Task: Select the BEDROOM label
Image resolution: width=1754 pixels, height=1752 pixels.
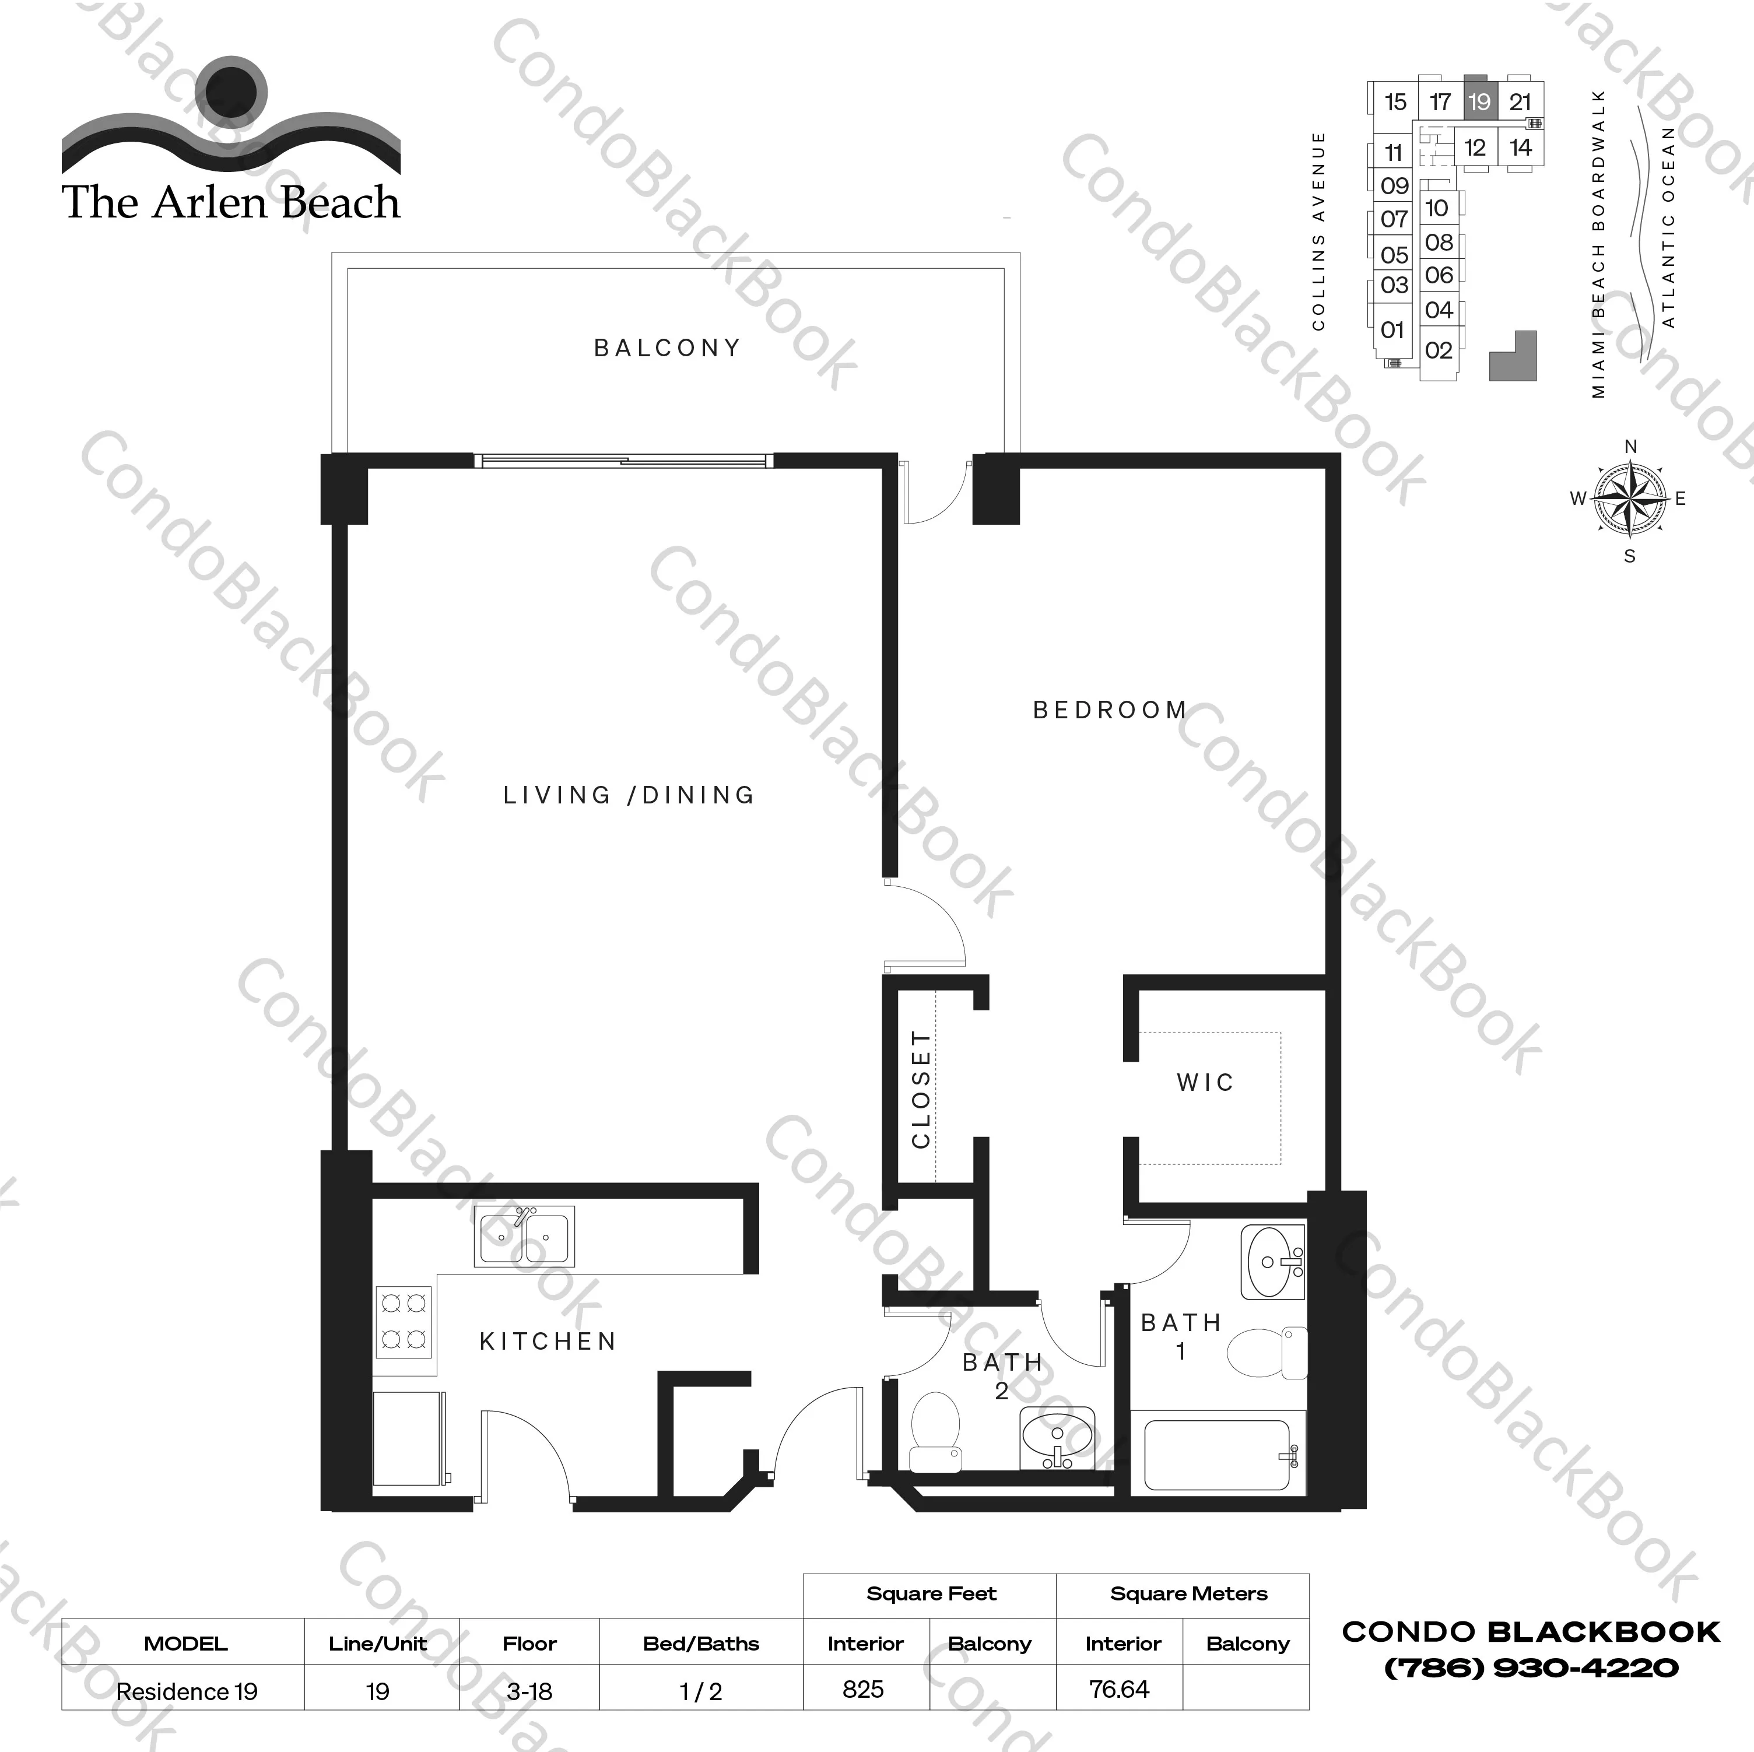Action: pyautogui.click(x=1110, y=710)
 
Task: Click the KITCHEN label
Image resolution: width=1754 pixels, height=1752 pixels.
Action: pyautogui.click(x=548, y=1341)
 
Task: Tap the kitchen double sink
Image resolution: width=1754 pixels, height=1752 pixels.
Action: pyautogui.click(x=524, y=1235)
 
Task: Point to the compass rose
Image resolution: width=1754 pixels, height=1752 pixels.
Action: pyautogui.click(x=1630, y=498)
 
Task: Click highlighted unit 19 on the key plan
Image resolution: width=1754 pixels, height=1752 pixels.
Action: pyautogui.click(x=1479, y=101)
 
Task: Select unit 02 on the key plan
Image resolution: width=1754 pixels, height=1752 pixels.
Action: pyautogui.click(x=1438, y=350)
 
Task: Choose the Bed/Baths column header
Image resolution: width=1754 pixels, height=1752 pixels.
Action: pyautogui.click(x=701, y=1643)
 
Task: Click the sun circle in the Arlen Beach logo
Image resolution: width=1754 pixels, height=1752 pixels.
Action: pyautogui.click(x=233, y=91)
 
